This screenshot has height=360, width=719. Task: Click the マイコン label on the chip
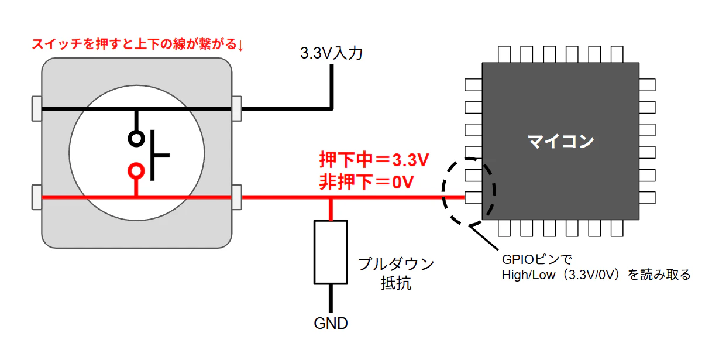(561, 141)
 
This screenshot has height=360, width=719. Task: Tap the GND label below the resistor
(331, 323)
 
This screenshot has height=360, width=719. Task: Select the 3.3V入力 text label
(331, 53)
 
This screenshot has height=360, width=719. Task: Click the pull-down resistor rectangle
(331, 252)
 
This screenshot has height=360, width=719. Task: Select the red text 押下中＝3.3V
(374, 160)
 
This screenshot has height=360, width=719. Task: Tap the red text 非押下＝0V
(367, 182)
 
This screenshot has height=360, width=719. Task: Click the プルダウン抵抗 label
(396, 273)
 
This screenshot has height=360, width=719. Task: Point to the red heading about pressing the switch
(138, 44)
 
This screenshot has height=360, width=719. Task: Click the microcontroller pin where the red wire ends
(473, 197)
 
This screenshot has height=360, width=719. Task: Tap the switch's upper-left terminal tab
(37, 108)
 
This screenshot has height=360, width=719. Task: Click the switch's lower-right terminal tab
(236, 197)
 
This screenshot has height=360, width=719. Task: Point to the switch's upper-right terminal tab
(236, 108)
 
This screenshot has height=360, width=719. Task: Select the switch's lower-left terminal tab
(37, 197)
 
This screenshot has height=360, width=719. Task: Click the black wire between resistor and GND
(331, 299)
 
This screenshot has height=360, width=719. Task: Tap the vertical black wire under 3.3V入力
(332, 87)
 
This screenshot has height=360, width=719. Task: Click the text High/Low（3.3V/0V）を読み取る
(596, 275)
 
